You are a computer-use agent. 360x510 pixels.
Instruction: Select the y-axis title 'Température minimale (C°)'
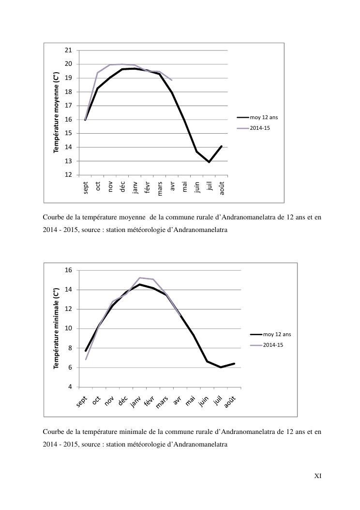[x=56, y=328]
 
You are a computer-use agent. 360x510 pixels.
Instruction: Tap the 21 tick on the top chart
[x=68, y=50]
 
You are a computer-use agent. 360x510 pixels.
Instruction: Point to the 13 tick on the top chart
[x=68, y=161]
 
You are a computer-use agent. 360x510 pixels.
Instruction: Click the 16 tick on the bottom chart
[x=68, y=270]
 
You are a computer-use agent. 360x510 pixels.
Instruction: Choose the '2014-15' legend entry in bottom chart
[x=273, y=345]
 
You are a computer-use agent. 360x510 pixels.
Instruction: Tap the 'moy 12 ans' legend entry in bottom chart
[x=277, y=334]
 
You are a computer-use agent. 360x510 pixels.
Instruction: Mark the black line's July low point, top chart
[x=209, y=162]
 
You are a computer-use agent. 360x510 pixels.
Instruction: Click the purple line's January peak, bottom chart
[x=139, y=278]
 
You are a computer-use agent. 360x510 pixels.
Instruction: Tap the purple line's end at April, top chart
[x=172, y=80]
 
